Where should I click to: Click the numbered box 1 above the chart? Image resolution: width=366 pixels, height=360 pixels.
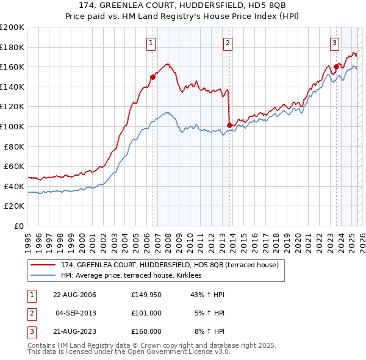[x=150, y=43]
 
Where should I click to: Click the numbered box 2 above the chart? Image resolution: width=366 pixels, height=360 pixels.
[x=227, y=43]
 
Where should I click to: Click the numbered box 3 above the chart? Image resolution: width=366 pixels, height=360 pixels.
[x=335, y=43]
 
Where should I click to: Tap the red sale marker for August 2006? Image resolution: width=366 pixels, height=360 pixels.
[x=153, y=77]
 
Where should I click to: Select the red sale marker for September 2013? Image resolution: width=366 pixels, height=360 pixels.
[x=229, y=126]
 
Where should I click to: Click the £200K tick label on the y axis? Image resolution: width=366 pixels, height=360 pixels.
[x=12, y=27]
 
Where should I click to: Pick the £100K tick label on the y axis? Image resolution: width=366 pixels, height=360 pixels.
[x=12, y=127]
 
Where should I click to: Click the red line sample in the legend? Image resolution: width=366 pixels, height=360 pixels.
[x=43, y=265]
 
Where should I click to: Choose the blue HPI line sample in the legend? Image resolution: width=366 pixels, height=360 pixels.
[x=43, y=276]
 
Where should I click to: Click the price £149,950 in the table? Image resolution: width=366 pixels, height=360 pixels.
[x=146, y=295]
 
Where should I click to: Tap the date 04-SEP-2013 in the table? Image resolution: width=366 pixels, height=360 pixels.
[x=75, y=313]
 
